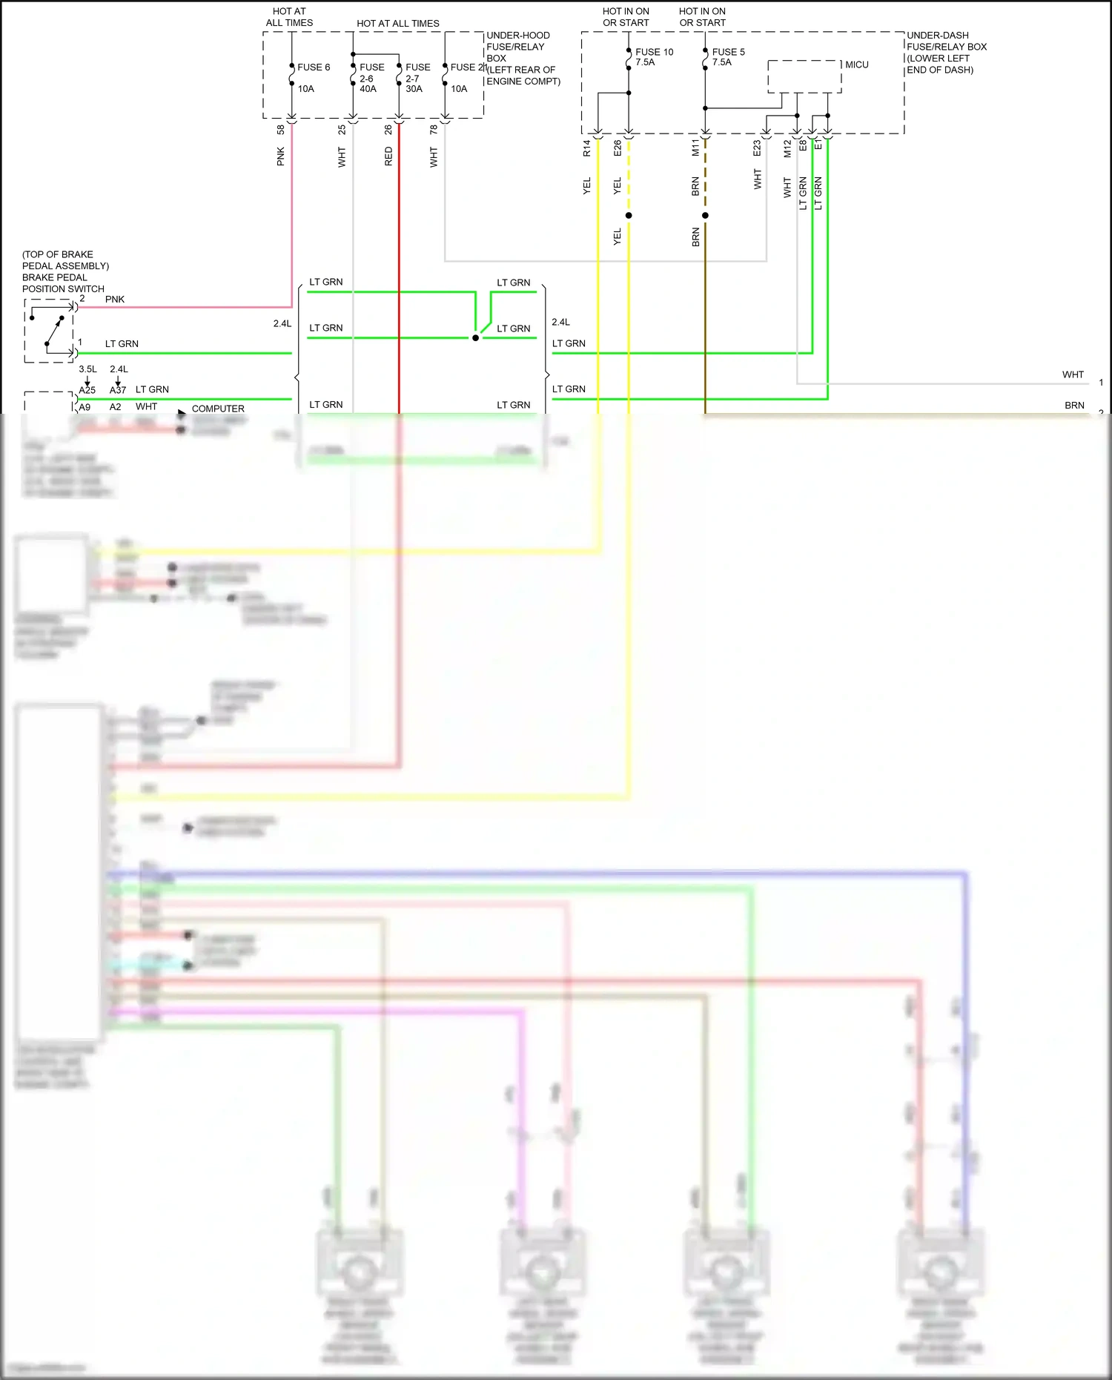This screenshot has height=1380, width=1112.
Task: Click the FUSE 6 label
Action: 313,67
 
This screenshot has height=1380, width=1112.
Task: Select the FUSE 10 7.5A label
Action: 653,57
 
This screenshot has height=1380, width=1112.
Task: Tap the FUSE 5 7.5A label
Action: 727,57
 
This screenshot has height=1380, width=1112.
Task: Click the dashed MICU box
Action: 804,77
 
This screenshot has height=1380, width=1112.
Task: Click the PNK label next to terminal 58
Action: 281,156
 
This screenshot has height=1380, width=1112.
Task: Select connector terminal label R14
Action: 586,148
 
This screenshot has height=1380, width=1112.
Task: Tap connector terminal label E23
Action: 757,148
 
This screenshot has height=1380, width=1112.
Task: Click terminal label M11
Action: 695,148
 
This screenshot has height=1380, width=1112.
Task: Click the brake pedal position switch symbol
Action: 49,331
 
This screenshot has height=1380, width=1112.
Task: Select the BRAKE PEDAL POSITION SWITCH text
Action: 63,283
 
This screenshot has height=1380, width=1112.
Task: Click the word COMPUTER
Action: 218,409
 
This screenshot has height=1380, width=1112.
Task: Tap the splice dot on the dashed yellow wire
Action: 629,216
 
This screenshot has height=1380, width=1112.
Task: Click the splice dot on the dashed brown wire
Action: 705,216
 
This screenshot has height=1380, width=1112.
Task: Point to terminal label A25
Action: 87,390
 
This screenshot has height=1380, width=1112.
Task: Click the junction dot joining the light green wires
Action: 475,338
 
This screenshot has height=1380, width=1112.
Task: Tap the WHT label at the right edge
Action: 1073,375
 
